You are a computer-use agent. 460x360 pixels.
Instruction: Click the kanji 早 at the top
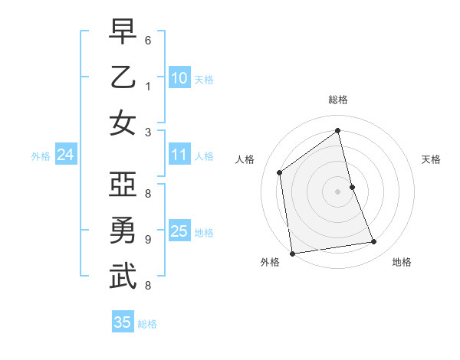(123, 31)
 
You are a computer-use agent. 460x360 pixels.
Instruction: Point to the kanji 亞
(123, 185)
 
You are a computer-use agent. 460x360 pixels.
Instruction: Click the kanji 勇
(123, 231)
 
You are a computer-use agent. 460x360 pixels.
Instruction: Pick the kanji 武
(123, 277)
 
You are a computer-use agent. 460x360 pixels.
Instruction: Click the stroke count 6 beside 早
(147, 39)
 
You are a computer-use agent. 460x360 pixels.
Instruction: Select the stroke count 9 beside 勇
(147, 239)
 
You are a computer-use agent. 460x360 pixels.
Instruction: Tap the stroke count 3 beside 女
(147, 131)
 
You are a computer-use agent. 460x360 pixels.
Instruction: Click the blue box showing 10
(179, 78)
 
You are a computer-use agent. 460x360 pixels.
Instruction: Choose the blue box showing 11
(179, 155)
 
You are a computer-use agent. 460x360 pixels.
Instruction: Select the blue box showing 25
(179, 231)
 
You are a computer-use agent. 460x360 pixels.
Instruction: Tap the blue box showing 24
(66, 155)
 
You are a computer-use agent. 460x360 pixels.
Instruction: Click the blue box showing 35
(123, 322)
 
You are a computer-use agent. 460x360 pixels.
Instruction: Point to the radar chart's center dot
(337, 191)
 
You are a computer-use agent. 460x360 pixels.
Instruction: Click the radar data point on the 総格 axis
(338, 130)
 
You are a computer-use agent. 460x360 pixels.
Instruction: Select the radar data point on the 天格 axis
(352, 187)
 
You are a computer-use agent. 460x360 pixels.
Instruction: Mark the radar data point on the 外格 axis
(292, 253)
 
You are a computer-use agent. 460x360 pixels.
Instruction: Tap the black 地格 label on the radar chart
(402, 262)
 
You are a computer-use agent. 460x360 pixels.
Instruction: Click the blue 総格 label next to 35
(147, 324)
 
